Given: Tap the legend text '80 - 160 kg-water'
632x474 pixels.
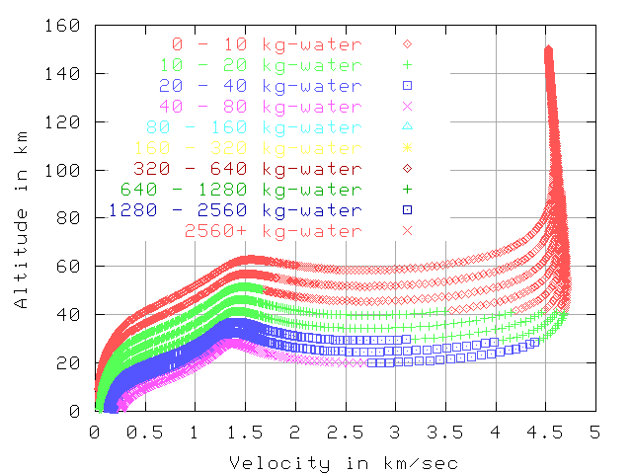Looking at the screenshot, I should point(254,127).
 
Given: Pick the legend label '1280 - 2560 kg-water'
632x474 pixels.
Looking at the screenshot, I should point(236,209).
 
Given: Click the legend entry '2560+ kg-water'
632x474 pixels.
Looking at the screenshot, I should point(273,230).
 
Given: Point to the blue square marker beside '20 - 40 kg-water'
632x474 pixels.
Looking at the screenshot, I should point(406,86).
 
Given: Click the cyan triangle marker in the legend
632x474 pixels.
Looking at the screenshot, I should point(406,127).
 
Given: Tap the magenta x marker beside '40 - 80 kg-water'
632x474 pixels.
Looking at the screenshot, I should point(406,107).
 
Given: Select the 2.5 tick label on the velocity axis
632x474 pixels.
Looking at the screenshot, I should point(345,433).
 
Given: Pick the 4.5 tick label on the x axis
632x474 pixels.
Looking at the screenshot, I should point(545,433).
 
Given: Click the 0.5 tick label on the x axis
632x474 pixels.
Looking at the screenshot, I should point(144,433).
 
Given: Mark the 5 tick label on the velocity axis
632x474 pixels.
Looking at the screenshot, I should point(594,433).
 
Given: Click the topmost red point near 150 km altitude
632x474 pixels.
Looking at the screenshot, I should point(548,48).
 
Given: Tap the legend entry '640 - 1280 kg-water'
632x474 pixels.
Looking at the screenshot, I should point(242,189).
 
